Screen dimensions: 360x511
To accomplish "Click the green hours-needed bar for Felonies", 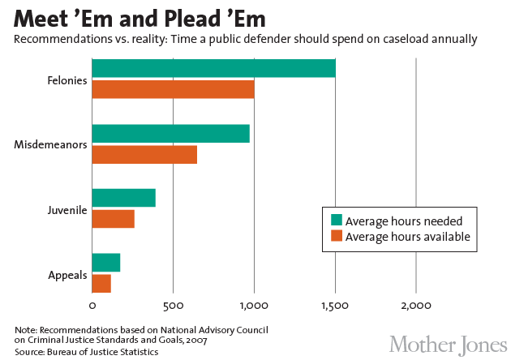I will click(x=213, y=69).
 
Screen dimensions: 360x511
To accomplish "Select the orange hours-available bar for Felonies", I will click(x=173, y=89).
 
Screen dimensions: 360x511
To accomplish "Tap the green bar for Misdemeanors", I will click(x=170, y=134).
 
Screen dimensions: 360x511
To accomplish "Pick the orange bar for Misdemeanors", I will click(x=144, y=154).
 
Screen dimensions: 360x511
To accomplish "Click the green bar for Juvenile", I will click(x=123, y=198).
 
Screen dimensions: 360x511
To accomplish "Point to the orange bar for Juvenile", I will click(x=113, y=219).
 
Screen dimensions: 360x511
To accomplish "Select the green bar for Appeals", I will click(x=106, y=263).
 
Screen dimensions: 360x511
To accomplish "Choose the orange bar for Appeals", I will click(x=101, y=283).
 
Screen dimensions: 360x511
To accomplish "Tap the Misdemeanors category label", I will click(x=51, y=144).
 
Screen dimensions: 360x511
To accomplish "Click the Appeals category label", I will click(x=67, y=275).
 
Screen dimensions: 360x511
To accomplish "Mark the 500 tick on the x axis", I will click(x=173, y=306).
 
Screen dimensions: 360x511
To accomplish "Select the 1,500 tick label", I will click(x=335, y=306).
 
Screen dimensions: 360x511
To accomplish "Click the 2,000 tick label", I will click(x=416, y=306).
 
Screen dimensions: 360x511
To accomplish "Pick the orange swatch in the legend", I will click(x=336, y=237).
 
